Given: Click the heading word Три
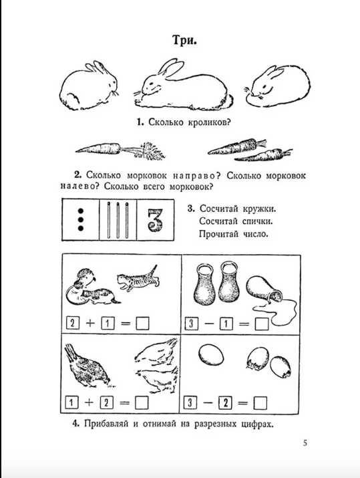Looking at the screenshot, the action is pos(184,40).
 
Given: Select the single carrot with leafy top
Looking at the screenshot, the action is pos(120,150).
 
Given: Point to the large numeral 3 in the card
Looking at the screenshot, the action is pos(156,220).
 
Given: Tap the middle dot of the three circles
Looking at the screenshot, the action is pos(81,219).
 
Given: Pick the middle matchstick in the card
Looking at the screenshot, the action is pos(118,219).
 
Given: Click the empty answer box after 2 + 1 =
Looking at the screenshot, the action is pos(142,324).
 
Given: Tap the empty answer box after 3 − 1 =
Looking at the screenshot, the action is pos(261,324).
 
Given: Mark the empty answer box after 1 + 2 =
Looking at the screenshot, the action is pos(142,402).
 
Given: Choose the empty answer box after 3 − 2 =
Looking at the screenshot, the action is pos(260,403).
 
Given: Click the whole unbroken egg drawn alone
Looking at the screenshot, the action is pos(211,356).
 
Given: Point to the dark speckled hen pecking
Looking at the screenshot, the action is pos(87,366).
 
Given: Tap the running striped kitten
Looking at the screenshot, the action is pos(138,278).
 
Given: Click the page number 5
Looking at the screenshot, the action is pos(305,443).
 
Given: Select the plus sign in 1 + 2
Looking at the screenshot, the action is pos(89,402).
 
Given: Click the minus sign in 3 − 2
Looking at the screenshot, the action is pos(208,403).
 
